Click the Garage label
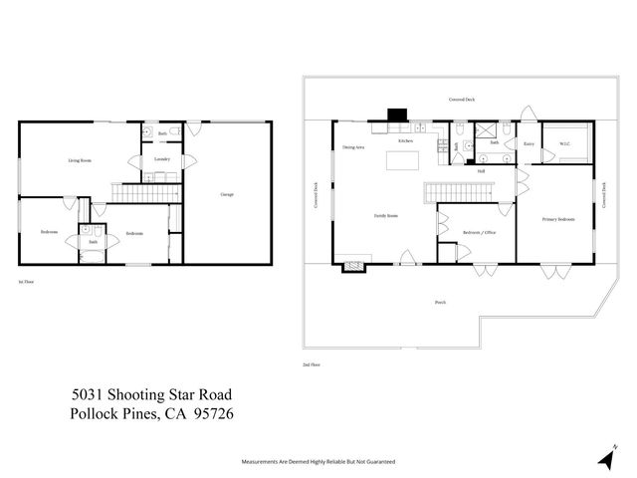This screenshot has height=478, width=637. pos(227,193)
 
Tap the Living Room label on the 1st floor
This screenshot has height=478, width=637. pos(80,160)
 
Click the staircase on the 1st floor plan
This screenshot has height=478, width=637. pos(147,191)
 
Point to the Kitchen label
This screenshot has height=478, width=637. pos(405,141)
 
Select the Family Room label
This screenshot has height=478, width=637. pos(385,215)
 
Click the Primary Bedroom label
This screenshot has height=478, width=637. pos(558,219)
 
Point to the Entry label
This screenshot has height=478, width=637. pos(530,143)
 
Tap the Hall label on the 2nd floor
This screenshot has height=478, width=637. pos(481,171)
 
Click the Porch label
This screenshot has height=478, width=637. pos(440,302)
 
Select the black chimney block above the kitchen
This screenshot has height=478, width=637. pos(397,115)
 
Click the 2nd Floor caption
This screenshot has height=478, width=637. pos(311,365)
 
